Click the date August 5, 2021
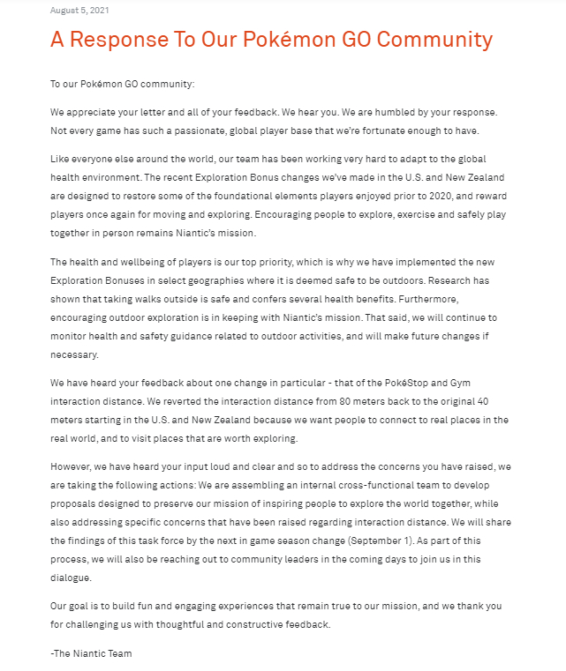(79, 10)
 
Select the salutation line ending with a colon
(122, 84)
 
